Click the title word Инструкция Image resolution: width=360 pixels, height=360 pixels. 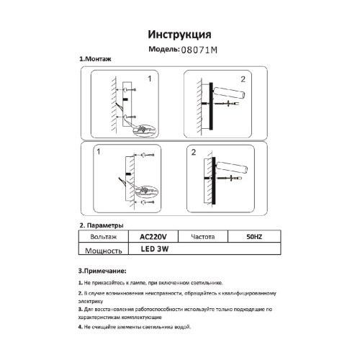pos(179,35)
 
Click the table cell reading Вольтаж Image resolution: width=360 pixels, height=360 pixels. pos(101,236)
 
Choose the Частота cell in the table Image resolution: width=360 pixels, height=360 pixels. pos(206,236)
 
